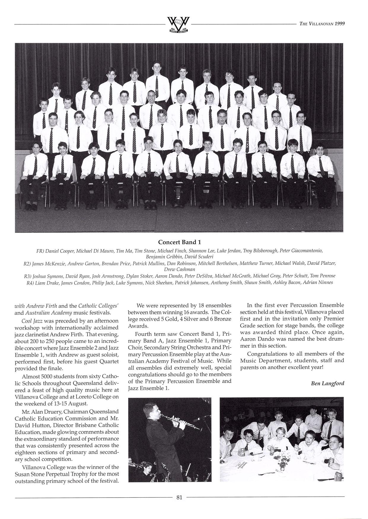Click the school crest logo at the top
pos(178,25)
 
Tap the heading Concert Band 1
pos(179,242)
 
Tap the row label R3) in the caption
pos(28,276)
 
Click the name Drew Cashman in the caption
pos(179,269)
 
